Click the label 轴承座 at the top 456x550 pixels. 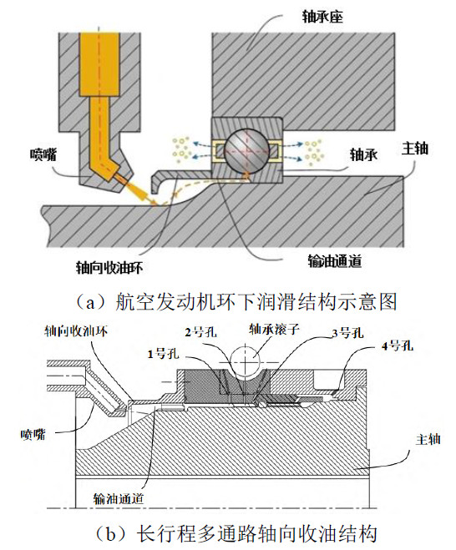tap(322, 17)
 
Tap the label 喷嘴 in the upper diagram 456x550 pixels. tap(43, 154)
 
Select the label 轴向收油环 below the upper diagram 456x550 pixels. tap(109, 268)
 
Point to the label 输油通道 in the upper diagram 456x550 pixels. tap(335, 261)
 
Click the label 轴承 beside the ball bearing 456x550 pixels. tap(363, 154)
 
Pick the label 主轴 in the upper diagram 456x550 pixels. tap(415, 149)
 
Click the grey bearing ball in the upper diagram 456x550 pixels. tap(246, 150)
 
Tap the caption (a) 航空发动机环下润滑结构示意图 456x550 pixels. tap(236, 302)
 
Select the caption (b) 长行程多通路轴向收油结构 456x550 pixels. tap(236, 534)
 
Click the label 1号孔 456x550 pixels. tap(163, 354)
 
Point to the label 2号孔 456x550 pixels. tap(200, 331)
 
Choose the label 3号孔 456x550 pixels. tap(347, 333)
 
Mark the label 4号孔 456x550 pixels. tap(398, 346)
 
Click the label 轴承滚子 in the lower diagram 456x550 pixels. tap(274, 329)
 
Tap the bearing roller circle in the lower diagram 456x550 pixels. tap(245, 361)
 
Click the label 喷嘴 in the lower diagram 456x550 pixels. tap(33, 435)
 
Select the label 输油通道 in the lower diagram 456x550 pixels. tap(119, 498)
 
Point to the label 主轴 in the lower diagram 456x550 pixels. tap(428, 440)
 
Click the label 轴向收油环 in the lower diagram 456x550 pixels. tap(76, 331)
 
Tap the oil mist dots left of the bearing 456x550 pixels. tap(182, 149)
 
